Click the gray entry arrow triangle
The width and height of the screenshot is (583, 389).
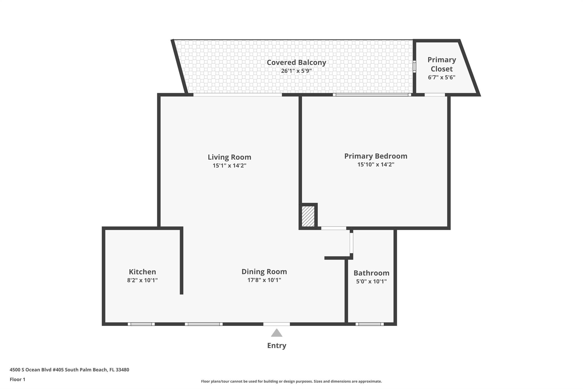click(276, 333)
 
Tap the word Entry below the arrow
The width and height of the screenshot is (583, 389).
click(276, 345)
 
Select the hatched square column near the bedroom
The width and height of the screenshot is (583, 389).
click(308, 216)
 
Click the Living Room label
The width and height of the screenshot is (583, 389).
click(229, 157)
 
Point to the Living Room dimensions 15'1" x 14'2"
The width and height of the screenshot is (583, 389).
click(229, 165)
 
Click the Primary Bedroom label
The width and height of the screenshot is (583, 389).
click(375, 156)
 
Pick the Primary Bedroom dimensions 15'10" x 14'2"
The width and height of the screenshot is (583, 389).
click(375, 164)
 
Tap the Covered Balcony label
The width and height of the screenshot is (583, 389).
click(296, 62)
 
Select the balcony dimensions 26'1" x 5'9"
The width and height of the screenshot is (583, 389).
click(296, 71)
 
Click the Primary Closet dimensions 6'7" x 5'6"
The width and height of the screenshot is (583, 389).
click(442, 77)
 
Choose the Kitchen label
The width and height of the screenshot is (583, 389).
click(142, 272)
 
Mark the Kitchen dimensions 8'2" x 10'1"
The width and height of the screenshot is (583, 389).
click(142, 280)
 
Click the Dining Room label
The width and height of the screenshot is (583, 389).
click(264, 272)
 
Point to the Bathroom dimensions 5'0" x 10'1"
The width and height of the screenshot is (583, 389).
click(371, 282)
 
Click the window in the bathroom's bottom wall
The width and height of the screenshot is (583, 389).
click(369, 324)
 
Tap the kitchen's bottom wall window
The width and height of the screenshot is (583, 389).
click(141, 324)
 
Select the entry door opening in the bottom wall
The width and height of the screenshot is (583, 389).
click(276, 324)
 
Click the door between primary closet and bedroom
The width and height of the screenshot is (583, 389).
click(434, 95)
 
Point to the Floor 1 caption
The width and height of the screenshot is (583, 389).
click(17, 379)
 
